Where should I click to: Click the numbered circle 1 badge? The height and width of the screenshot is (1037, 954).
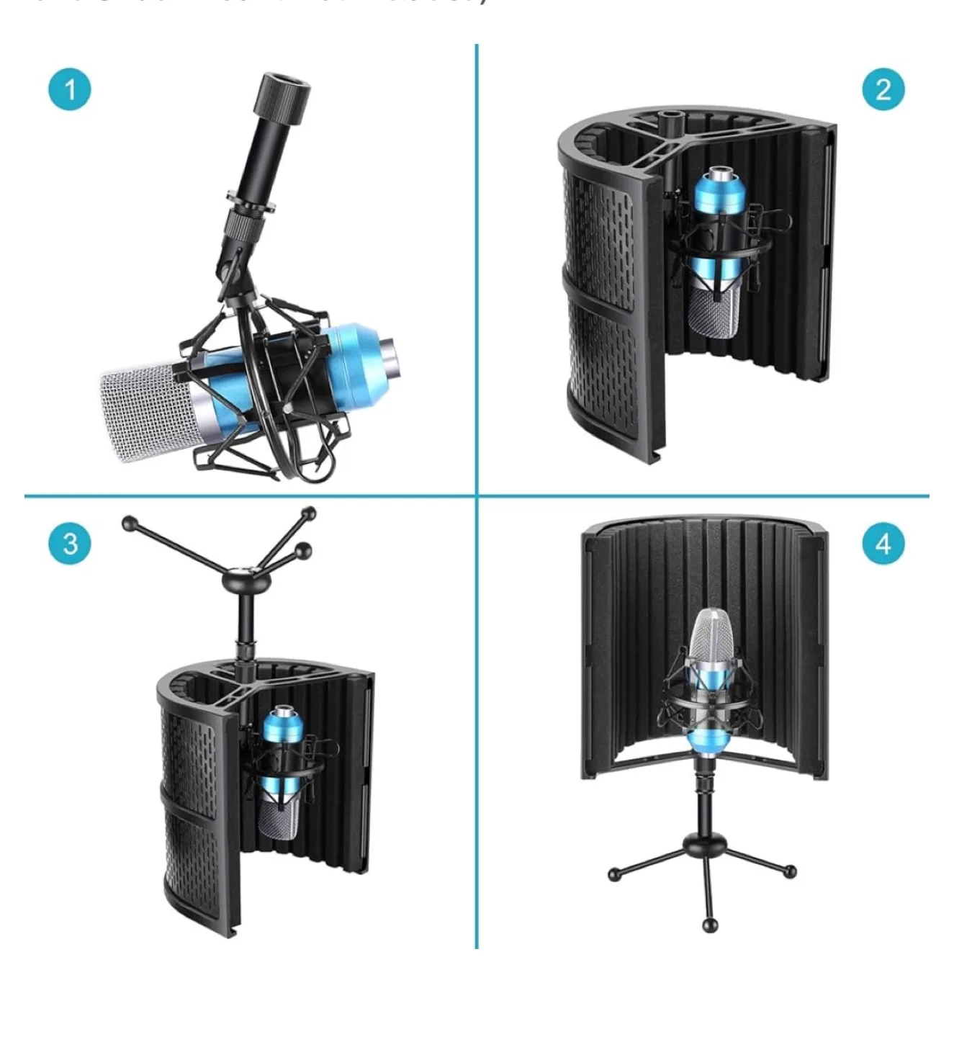pyautogui.click(x=70, y=90)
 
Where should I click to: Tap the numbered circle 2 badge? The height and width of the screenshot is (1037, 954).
pyautogui.click(x=883, y=89)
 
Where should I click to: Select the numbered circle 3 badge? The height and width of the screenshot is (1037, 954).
pyautogui.click(x=70, y=543)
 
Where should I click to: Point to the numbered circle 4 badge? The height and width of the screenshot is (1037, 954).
pyautogui.click(x=883, y=543)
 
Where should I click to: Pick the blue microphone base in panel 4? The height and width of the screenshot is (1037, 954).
pyautogui.click(x=708, y=742)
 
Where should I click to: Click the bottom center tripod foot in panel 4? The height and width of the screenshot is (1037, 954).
pyautogui.click(x=710, y=925)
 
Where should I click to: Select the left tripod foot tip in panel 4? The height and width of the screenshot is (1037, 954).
pyautogui.click(x=613, y=875)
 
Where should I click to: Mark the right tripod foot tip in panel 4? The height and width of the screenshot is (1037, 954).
pyautogui.click(x=790, y=871)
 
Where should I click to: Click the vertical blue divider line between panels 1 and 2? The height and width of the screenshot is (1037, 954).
pyautogui.click(x=476, y=266)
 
